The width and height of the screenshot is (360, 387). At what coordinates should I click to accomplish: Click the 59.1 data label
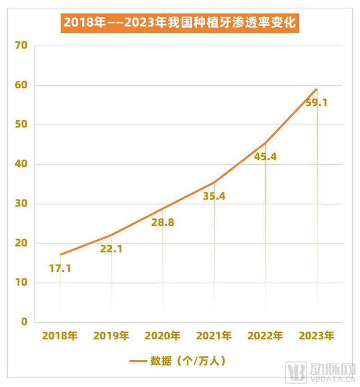tap(316, 103)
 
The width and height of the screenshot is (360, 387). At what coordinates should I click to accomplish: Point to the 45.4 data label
tap(265, 157)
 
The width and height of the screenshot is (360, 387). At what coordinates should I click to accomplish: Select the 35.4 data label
tap(214, 196)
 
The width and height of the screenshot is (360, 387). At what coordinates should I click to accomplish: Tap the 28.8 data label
tap(162, 222)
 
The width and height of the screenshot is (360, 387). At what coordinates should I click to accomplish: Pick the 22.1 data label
tap(111, 249)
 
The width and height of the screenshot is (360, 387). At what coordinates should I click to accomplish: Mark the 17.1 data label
tap(60, 269)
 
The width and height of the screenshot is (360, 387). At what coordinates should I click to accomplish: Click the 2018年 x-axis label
tap(60, 336)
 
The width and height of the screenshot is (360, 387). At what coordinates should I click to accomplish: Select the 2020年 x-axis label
tap(162, 336)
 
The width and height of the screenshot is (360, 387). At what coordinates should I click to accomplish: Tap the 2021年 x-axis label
tap(214, 336)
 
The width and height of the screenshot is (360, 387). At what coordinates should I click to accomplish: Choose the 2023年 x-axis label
tap(316, 336)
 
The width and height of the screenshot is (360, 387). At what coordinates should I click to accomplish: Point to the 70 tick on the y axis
tap(21, 46)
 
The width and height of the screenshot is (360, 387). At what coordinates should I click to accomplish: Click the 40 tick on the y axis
tap(21, 164)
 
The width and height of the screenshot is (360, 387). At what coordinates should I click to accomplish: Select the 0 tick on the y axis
tap(24, 323)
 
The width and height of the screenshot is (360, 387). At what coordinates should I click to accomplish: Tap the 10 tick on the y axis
tap(21, 283)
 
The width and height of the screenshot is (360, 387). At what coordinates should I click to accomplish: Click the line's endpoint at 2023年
tap(317, 89)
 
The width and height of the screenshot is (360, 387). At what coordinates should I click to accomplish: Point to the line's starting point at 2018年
tap(60, 255)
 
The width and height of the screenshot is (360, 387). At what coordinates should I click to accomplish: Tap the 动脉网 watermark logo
tap(319, 373)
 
